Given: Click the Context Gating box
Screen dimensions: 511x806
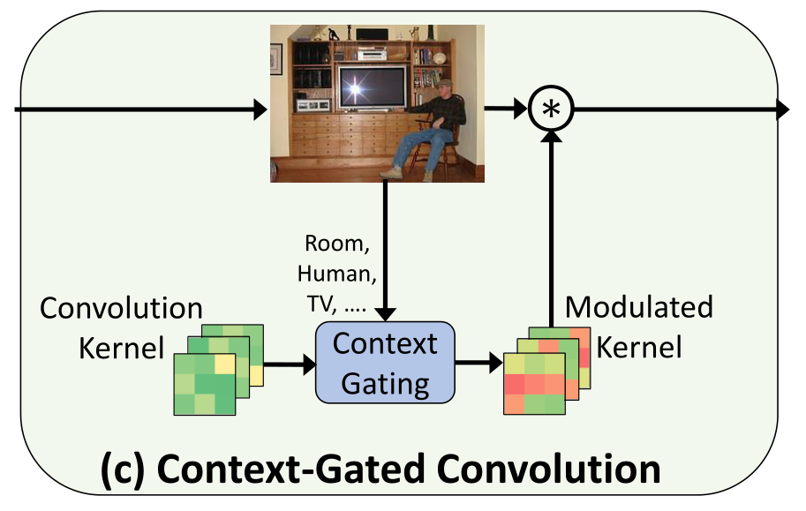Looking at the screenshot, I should (x=385, y=362).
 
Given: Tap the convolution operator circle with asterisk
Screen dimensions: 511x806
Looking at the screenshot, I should (x=551, y=109).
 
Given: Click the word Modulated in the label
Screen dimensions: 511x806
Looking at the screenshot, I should (x=638, y=307).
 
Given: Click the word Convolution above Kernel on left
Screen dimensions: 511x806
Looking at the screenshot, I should (x=122, y=308).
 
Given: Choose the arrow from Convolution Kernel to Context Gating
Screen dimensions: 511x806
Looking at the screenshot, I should (x=290, y=362).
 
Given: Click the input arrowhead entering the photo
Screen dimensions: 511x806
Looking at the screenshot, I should (x=260, y=109).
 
